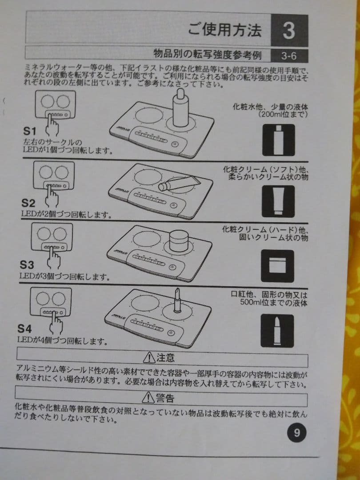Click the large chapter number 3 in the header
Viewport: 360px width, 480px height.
pyautogui.click(x=289, y=31)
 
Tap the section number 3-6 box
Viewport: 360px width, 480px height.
pyautogui.click(x=289, y=56)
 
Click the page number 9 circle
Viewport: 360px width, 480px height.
pyautogui.click(x=296, y=433)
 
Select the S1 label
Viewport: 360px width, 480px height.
pyautogui.click(x=30, y=131)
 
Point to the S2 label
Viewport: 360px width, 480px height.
pyautogui.click(x=28, y=203)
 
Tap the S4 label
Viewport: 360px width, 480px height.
pyautogui.click(x=24, y=329)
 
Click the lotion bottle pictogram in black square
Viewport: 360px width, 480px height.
pyautogui.click(x=279, y=140)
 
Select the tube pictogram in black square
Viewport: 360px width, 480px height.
pyautogui.click(x=278, y=201)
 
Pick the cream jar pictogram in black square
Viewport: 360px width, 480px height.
pyautogui.click(x=277, y=266)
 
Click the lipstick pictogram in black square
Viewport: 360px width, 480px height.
pyautogui.click(x=277, y=331)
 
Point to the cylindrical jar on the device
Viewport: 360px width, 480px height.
pyautogui.click(x=178, y=241)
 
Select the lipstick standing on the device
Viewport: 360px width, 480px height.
pyautogui.click(x=177, y=300)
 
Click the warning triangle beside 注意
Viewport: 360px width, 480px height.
pyautogui.click(x=149, y=357)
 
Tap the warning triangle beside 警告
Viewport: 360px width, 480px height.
pyautogui.click(x=148, y=398)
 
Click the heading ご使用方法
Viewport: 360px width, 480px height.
pyautogui.click(x=225, y=30)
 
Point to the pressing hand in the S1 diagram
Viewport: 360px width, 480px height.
pyautogui.click(x=52, y=126)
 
